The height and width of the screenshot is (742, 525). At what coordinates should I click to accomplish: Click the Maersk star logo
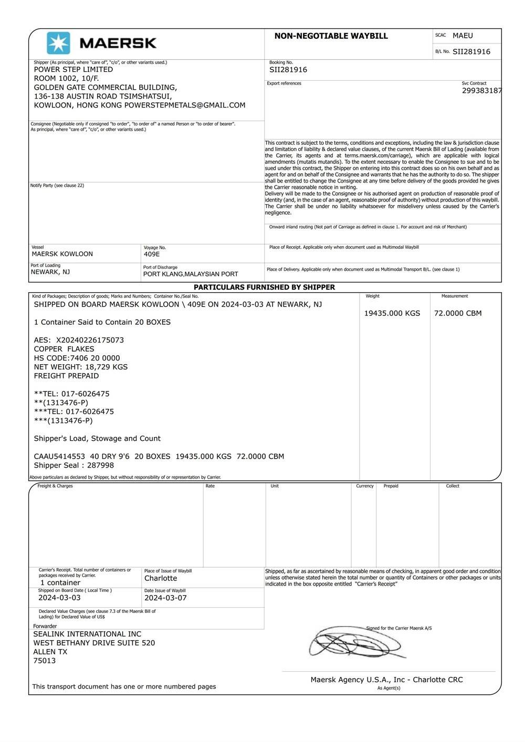click(58, 43)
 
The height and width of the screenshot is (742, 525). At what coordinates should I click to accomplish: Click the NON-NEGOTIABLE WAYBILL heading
click(331, 36)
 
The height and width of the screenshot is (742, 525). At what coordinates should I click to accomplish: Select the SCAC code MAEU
click(463, 36)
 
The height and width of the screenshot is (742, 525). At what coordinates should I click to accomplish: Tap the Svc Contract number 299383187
click(481, 91)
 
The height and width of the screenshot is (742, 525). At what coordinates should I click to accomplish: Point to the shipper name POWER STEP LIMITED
click(73, 69)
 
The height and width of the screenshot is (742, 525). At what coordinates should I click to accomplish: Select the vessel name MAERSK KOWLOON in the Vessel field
click(62, 254)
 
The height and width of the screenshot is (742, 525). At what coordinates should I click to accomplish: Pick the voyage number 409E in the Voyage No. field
click(152, 255)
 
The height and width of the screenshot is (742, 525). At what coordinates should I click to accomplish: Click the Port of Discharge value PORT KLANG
click(191, 274)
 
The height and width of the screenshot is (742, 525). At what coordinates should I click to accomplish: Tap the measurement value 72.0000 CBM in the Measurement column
click(458, 313)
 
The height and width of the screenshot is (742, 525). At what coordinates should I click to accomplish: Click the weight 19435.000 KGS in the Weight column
click(392, 313)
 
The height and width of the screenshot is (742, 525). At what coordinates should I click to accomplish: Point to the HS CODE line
click(77, 358)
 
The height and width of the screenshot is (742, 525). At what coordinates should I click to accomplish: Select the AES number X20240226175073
click(90, 340)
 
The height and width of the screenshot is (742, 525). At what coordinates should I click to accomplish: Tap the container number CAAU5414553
click(59, 457)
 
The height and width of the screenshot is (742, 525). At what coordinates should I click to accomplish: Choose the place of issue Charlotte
click(161, 578)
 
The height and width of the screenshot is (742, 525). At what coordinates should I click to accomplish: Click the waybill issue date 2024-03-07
click(165, 598)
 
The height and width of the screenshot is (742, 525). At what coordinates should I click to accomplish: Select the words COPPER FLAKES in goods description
click(64, 349)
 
